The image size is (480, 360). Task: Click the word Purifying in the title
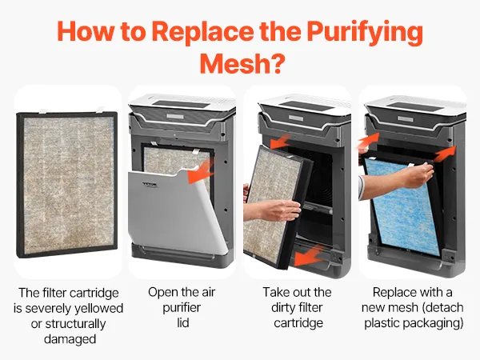[365, 33]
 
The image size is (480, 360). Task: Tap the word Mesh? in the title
[242, 63]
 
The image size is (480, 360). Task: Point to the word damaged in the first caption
[70, 339]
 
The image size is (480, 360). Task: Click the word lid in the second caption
[182, 322]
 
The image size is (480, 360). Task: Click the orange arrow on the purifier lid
[201, 172]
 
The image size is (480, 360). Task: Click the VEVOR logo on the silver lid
[150, 184]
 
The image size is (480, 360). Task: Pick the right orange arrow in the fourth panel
[446, 154]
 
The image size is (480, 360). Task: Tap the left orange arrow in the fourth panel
[369, 141]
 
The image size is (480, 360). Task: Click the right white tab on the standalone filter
[101, 110]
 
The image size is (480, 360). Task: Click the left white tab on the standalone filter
[43, 110]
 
